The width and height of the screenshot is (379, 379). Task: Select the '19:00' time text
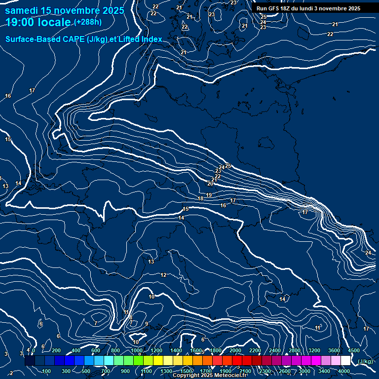click(x=20, y=22)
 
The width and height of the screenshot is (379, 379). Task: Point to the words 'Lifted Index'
click(x=141, y=39)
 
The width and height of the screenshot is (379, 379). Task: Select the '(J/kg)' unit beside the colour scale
click(x=365, y=362)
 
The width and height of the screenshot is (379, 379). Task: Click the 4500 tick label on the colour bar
click(x=353, y=350)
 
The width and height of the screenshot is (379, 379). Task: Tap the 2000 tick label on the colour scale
click(x=235, y=350)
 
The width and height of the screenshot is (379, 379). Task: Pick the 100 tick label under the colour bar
click(x=47, y=371)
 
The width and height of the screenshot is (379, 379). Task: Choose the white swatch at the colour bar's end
click(x=345, y=361)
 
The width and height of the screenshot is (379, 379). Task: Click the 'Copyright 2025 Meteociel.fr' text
click(x=209, y=376)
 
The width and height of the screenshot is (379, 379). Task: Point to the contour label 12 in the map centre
click(x=163, y=275)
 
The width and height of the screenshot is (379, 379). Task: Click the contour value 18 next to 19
click(x=200, y=198)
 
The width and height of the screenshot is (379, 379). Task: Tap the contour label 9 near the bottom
click(x=146, y=324)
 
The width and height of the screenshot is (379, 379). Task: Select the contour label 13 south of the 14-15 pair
click(x=151, y=262)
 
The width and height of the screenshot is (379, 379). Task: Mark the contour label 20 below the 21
click(x=210, y=184)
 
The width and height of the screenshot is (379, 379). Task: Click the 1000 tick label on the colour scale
click(x=136, y=350)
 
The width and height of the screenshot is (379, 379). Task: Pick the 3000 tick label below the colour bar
click(x=304, y=371)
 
